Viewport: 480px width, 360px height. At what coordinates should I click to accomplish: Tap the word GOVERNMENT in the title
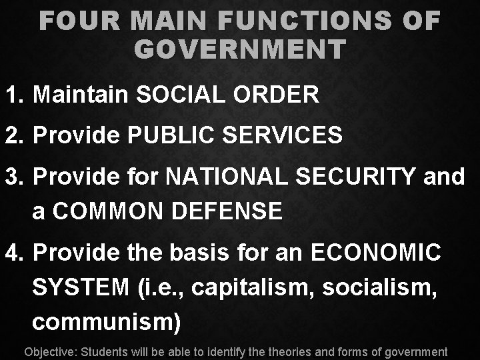240,49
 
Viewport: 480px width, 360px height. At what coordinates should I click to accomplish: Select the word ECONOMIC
376,253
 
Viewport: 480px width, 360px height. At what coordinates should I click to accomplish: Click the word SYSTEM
81,288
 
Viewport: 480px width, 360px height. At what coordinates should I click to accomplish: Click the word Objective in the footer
50,351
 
